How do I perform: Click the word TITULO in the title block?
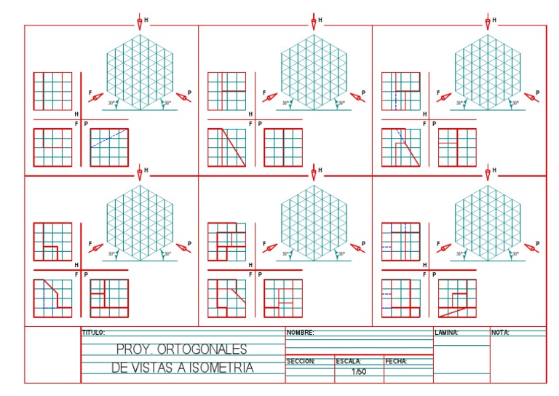click(94, 332)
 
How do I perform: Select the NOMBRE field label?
click(301, 332)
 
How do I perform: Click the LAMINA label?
click(446, 332)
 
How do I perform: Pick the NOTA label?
click(501, 332)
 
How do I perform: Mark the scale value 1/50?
click(359, 372)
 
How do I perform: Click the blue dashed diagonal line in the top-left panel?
click(109, 138)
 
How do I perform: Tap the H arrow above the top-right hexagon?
click(488, 22)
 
